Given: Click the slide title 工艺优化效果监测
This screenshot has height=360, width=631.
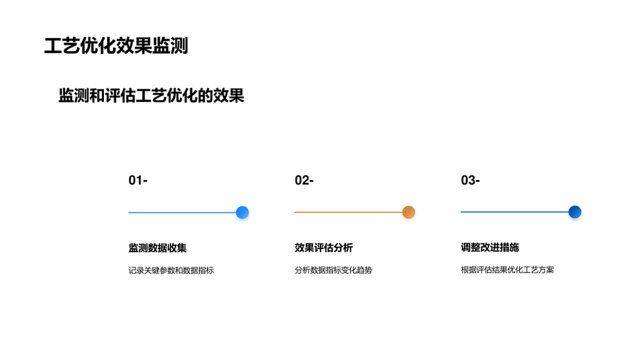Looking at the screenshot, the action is click(x=116, y=46).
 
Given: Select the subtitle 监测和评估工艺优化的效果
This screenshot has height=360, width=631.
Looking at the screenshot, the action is click(x=151, y=96).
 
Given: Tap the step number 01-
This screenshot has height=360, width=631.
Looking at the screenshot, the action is click(x=138, y=180).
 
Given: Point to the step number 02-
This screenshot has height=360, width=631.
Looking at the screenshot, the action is click(x=304, y=180).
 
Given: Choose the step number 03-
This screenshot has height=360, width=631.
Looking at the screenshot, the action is click(x=471, y=180).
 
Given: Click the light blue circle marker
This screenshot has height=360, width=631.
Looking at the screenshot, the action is click(x=243, y=212).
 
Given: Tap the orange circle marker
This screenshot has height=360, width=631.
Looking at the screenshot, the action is click(x=408, y=212).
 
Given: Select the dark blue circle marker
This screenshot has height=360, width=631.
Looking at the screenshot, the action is click(x=574, y=212).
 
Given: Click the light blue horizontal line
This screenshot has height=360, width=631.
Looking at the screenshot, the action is click(x=182, y=212).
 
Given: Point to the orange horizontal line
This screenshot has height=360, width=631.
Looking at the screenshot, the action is click(x=348, y=212).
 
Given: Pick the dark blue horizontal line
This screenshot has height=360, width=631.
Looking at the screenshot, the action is click(x=515, y=212).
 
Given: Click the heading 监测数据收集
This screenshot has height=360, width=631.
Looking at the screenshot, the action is click(x=157, y=248).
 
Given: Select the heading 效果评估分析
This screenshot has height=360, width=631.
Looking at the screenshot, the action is click(x=323, y=248).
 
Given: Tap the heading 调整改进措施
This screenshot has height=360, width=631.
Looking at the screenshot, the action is click(x=490, y=248).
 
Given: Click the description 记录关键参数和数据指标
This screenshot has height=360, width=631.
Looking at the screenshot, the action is click(x=171, y=270).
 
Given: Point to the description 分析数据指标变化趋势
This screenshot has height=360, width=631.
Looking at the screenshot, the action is click(x=333, y=270).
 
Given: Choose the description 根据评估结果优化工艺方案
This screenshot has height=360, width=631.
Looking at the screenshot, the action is click(x=507, y=270).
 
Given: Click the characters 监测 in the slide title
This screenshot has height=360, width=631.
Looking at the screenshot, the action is click(x=170, y=46).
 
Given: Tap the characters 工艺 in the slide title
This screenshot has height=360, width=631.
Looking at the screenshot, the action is click(x=62, y=46).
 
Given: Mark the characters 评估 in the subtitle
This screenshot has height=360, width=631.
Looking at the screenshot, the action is click(x=120, y=96).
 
